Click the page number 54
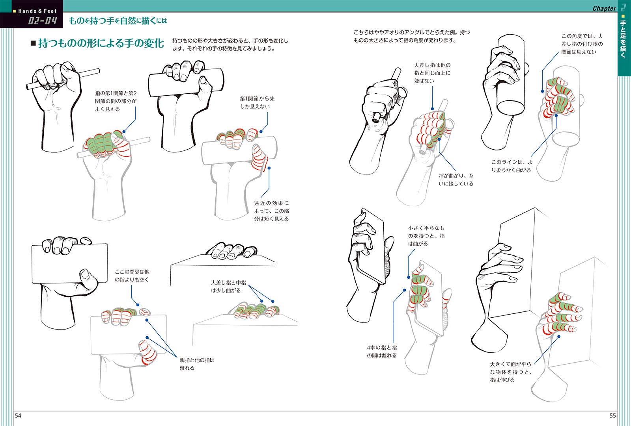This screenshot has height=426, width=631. point(18,416)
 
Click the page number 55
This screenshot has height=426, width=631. point(613,416)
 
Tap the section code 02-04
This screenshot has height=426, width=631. point(43,21)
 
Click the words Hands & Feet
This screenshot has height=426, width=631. point(37,11)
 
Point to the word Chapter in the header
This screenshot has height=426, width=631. point(604,8)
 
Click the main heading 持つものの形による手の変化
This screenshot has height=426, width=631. point(101,43)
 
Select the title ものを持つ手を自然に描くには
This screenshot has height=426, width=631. point(118,21)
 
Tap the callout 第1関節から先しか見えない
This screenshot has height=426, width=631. point(257,103)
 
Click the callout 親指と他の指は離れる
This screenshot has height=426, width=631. point(197,364)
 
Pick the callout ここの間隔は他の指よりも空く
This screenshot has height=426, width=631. point(132,276)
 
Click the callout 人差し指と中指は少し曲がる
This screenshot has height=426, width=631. point(228,287)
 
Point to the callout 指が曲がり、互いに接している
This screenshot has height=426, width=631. point(456,180)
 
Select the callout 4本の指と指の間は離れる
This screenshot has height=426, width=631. point(382,352)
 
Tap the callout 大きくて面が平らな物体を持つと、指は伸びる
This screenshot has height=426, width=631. point(510,372)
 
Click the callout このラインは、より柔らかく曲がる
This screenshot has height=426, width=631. point(512,166)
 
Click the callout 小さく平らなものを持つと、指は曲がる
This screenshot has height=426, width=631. point(426,235)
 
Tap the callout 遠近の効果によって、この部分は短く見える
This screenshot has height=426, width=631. point(271,211)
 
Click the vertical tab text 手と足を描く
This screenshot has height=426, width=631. point(623,39)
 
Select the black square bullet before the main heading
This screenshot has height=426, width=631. point(33,43)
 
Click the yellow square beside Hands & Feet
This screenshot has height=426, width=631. point(14,11)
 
